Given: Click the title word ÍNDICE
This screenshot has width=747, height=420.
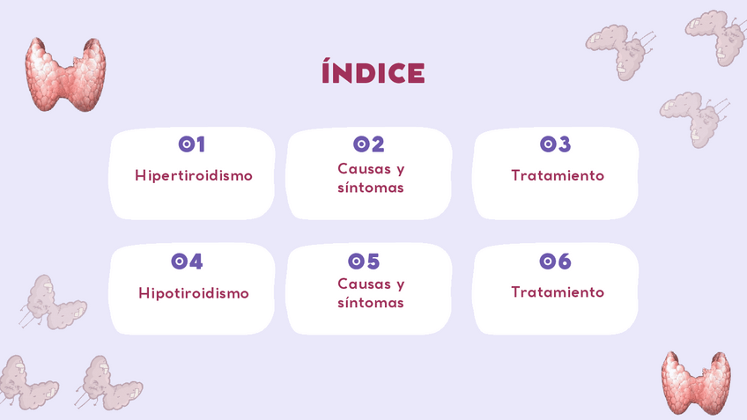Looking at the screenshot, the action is tap(373, 72).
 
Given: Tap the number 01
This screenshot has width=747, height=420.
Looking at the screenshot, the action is tap(191, 144).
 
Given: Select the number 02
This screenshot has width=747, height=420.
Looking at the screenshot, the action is tap(369, 144).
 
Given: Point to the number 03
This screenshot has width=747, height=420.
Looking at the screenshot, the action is tap(555, 144).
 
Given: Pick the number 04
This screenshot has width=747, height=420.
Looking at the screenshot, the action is tap(187, 261).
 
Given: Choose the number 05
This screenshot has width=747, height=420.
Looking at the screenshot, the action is tap(364, 261).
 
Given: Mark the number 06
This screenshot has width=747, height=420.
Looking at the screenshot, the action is tap(555, 261).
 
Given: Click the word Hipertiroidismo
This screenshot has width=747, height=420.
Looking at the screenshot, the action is tap(194, 176).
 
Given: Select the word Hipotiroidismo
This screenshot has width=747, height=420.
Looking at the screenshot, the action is tap(194, 293).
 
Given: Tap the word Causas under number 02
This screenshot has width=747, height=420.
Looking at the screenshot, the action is tap(365, 168).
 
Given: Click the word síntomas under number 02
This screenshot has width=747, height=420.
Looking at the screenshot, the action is tap(371, 188).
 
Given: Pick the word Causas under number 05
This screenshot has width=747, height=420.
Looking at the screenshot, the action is tap(365, 284).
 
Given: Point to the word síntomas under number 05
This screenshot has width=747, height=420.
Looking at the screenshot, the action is tap(371, 302).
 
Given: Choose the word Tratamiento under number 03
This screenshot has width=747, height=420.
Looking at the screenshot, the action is tap(558, 175).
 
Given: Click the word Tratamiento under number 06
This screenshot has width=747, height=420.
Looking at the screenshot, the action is tap(558, 292).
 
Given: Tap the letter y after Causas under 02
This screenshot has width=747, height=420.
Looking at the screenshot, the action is tap(401, 171).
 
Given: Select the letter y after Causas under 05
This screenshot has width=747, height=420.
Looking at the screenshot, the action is tap(401, 285).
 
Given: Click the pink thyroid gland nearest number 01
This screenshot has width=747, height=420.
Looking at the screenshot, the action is tap(66, 75).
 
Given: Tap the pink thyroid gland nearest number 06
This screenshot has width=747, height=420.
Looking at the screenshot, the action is tap(696, 383).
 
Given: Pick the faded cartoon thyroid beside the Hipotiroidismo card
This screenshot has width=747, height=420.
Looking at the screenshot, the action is tap(52, 303).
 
